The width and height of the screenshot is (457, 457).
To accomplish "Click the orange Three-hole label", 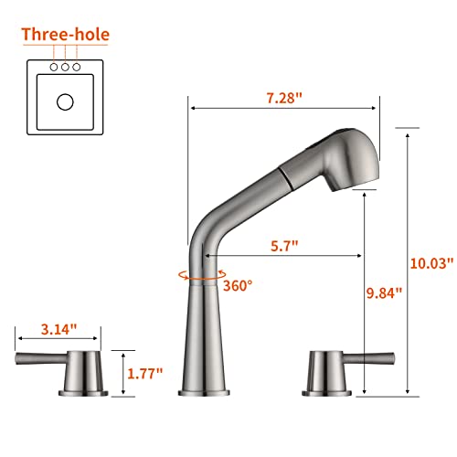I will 65,36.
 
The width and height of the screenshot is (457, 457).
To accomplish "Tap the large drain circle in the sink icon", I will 65,102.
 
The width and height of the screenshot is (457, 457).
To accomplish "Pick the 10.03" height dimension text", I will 431,262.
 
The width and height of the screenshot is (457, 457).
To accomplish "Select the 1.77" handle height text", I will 144,372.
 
